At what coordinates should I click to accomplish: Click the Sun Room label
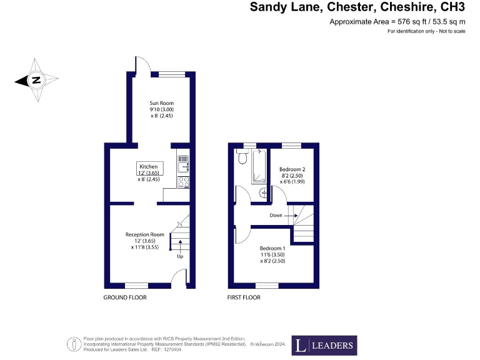click(x=161, y=103)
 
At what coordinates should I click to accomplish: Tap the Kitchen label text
click(x=149, y=167)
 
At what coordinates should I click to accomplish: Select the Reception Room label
click(x=144, y=235)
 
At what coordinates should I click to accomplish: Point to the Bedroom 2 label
click(x=292, y=169)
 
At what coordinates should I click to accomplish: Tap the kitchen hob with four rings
click(x=184, y=182)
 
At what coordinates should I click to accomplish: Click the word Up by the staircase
click(x=180, y=256)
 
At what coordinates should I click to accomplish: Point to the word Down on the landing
click(x=276, y=215)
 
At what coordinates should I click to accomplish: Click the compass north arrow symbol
click(x=36, y=80)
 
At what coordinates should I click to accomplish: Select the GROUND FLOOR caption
click(x=125, y=297)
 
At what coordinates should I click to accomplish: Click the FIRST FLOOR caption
click(x=244, y=297)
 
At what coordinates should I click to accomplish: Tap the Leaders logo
click(x=324, y=345)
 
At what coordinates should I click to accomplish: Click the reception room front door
click(x=179, y=278)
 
